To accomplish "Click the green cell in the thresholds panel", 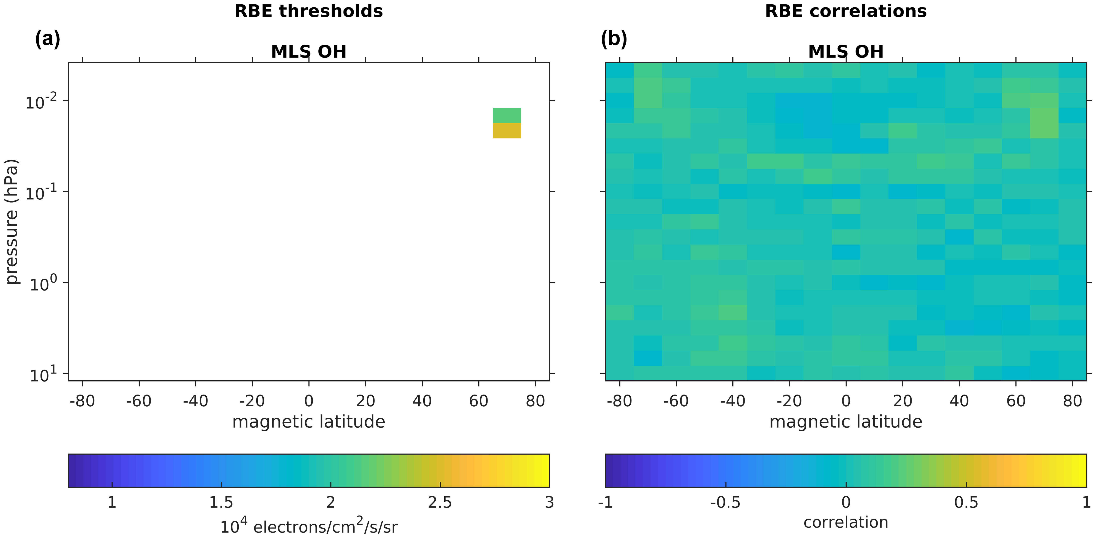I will point(507,116).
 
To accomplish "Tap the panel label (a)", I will point(48,39).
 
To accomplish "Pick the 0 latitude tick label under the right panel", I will point(846,401).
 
